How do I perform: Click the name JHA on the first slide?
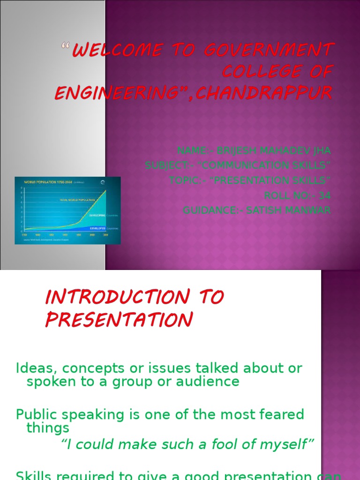click(x=321, y=151)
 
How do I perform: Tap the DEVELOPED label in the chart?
click(x=94, y=228)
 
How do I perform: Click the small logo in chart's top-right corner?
click(x=110, y=182)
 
